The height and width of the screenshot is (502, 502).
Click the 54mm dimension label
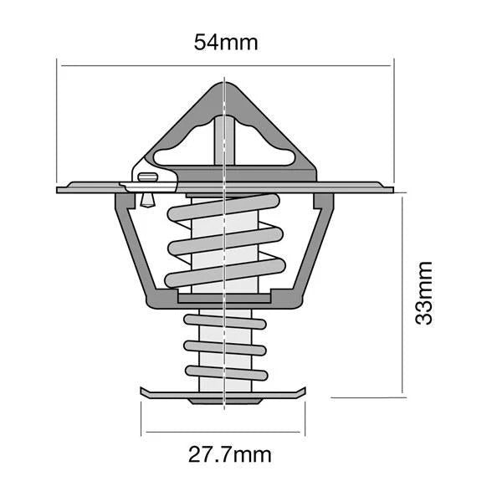(226, 42)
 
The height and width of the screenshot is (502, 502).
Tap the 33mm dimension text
(425, 293)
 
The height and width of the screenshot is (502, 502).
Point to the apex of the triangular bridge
(226, 84)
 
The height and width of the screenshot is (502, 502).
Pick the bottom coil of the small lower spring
(224, 373)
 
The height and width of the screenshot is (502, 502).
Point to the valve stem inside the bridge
(224, 138)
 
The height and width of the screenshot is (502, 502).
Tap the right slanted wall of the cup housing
(318, 251)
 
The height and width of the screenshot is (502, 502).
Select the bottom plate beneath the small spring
(224, 393)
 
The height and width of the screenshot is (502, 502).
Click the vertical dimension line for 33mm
(403, 293)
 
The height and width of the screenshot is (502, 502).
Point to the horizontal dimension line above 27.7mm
(224, 433)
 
